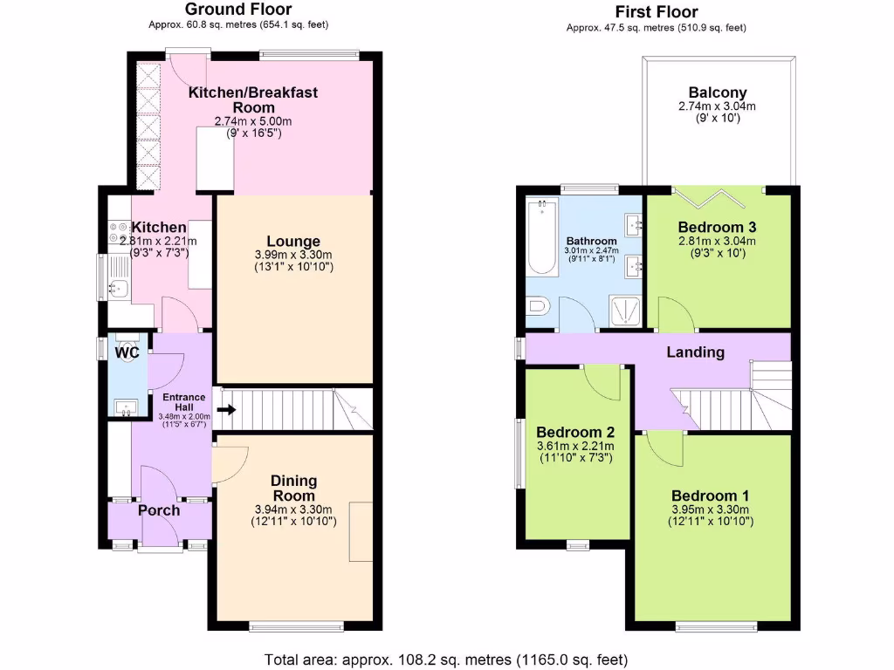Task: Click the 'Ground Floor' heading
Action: point(238,10)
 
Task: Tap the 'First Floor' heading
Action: point(656,12)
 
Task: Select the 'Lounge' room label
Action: point(293,242)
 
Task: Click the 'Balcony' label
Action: point(718,92)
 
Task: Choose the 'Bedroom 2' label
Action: point(575,432)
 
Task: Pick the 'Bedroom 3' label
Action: point(717,227)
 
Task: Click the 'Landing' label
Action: point(696,352)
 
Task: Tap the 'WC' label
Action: point(127,353)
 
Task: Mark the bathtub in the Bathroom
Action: point(543,237)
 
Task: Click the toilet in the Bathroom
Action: point(538,307)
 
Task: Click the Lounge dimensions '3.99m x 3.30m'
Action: point(293,256)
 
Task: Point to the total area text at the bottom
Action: point(446,659)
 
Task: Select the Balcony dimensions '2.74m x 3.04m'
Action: point(718,106)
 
